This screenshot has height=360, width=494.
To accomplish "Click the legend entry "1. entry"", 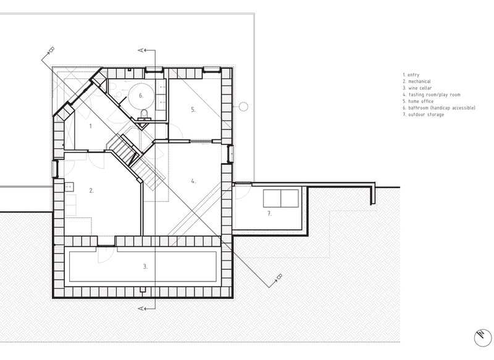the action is coord(411,75).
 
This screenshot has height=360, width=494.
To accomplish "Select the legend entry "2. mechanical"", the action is coord(416,82).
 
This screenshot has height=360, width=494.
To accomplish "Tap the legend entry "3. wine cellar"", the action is coord(417,88).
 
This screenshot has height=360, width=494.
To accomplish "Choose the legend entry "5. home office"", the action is coord(418,101).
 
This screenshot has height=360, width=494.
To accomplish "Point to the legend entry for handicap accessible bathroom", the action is coord(439,108).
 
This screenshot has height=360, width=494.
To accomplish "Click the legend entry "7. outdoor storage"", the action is coord(423,115).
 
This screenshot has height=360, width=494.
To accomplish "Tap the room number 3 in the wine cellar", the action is coord(145,267).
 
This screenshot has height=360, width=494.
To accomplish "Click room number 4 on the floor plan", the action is coord(193,181).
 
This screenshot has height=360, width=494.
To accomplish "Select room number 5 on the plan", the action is coord(193,110).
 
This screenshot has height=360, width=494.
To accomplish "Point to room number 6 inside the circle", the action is coord(141,95).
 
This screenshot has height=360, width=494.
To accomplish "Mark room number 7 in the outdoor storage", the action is coord(269,214).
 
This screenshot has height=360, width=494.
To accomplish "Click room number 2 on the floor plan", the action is coord(91,190).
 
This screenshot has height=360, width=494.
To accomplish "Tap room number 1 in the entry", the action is coord(90,127).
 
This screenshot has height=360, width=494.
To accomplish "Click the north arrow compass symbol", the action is coord(483,338).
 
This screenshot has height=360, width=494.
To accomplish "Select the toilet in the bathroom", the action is coord(144,114).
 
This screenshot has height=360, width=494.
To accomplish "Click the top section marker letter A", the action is coord(141,50).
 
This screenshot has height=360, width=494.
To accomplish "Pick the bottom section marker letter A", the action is coord(141,308).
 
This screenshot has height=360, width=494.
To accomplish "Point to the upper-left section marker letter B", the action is coord(51,49).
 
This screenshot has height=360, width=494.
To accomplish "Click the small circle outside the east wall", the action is coord(243,106).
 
